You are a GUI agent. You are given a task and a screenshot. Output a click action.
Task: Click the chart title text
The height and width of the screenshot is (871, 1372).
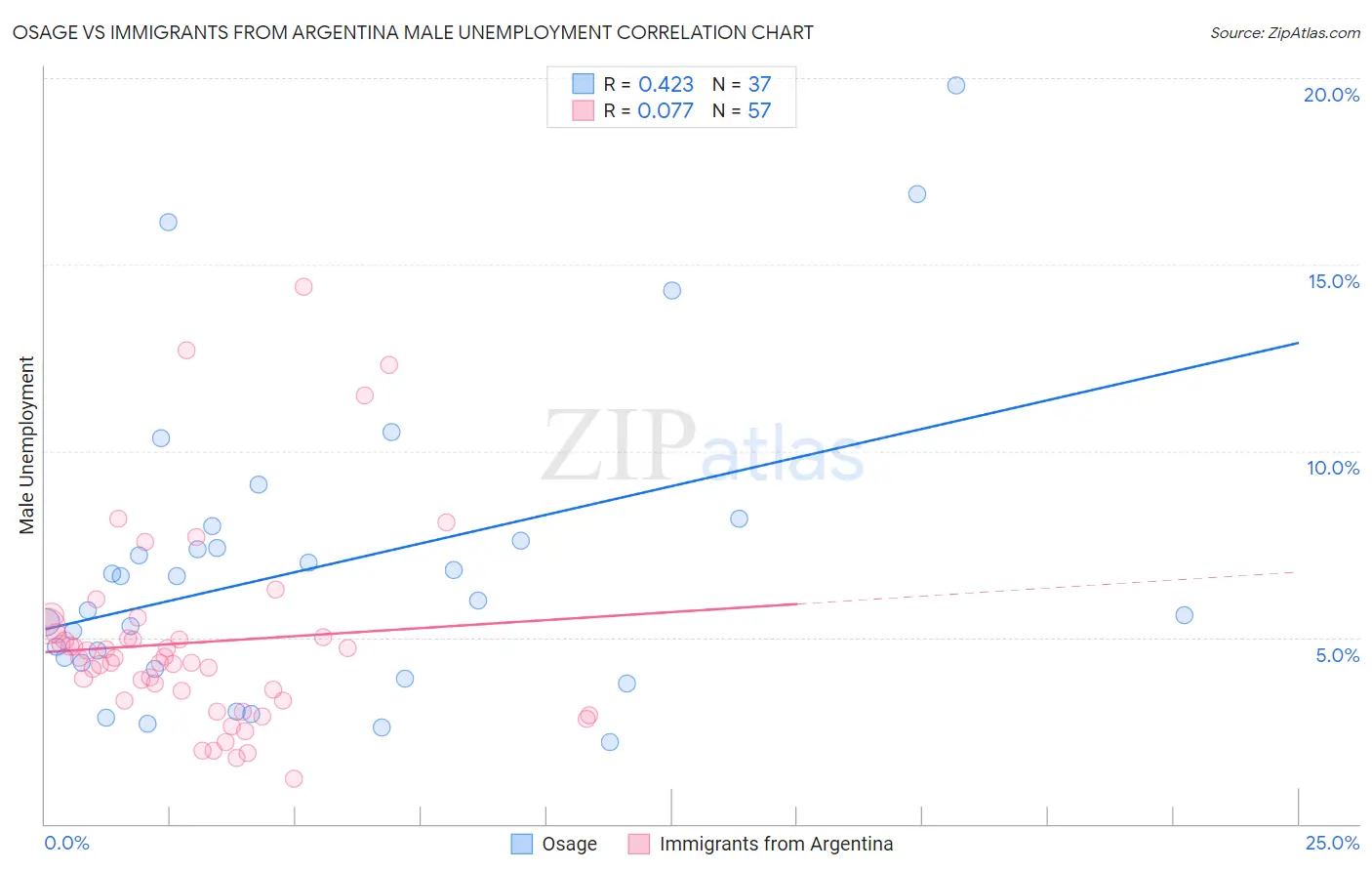click(413, 32)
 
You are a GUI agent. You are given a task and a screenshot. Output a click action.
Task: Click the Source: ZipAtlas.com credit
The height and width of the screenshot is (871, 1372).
click(1284, 32)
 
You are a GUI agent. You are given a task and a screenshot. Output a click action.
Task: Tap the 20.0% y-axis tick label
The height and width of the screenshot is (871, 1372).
click(1331, 95)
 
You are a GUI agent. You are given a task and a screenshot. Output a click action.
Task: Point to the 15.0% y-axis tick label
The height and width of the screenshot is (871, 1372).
click(1333, 281)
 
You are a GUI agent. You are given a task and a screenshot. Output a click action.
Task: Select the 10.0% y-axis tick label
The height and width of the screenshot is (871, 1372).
click(1332, 468)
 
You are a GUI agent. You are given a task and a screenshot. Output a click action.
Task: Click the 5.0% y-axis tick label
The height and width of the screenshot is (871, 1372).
click(1337, 655)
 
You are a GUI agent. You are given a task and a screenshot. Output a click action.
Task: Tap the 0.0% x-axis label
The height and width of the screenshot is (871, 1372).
click(66, 843)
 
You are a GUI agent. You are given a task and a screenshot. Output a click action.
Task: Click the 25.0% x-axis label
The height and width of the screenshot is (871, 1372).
click(1332, 843)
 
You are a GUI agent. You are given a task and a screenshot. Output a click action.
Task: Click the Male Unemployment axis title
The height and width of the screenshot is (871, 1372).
click(26, 444)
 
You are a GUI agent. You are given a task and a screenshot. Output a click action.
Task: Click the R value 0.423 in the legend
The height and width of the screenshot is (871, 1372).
click(666, 85)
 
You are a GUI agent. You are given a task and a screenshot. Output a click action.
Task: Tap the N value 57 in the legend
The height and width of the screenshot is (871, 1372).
click(759, 111)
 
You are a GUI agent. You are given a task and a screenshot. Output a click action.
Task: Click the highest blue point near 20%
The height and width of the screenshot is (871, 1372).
click(956, 85)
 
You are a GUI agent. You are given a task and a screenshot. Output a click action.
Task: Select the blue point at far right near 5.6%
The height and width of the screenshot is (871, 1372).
click(1184, 615)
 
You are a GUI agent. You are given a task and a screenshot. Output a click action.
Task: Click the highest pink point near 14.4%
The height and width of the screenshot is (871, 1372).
click(303, 287)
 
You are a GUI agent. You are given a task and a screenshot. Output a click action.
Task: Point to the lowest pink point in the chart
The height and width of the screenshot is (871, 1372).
click(294, 778)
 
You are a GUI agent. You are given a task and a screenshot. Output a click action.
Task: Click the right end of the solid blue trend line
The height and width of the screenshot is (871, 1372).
click(1298, 343)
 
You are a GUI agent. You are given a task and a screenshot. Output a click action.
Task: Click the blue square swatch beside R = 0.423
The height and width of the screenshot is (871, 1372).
click(583, 84)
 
